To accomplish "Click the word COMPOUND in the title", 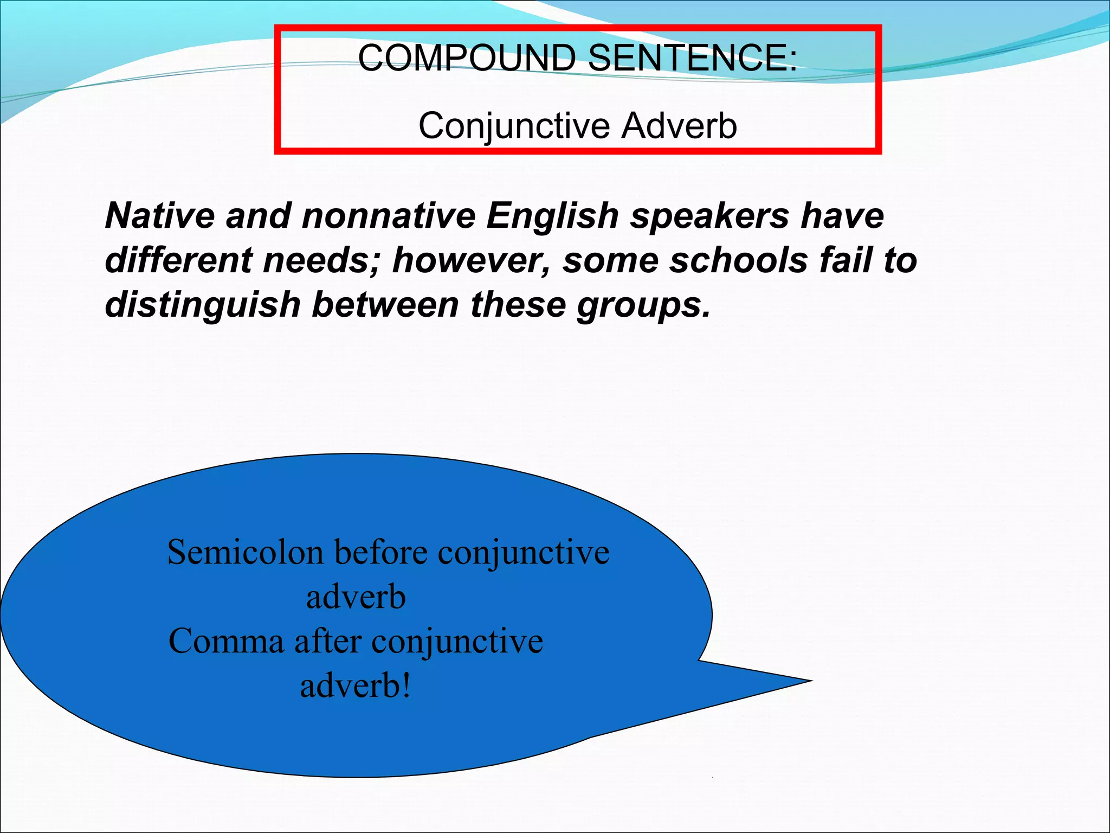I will tap(466, 57).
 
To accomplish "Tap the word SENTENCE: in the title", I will tap(692, 57).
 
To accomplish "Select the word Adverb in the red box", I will tap(679, 126).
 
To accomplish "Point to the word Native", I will tap(159, 215).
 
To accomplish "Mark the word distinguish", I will tap(203, 305).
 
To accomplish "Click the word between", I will tap(385, 304).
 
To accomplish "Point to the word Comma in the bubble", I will tap(226, 642).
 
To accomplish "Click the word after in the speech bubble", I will tap(327, 642).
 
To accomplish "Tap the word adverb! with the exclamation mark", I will tap(356, 686).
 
